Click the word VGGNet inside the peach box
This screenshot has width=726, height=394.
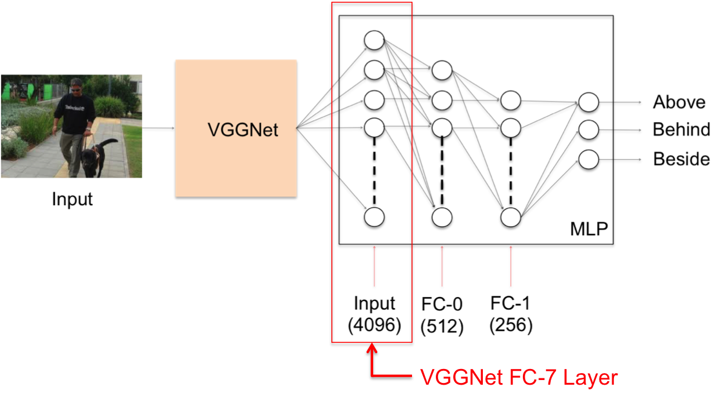[243, 130]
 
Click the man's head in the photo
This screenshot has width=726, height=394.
[76, 85]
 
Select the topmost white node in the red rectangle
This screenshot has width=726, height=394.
[374, 40]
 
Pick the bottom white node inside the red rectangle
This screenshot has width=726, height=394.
[374, 217]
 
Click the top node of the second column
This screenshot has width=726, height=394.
[442, 70]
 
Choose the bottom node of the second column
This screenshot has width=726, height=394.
[442, 217]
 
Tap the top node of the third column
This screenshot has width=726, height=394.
[511, 101]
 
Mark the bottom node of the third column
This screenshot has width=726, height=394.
[511, 217]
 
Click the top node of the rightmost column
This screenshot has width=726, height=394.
[588, 103]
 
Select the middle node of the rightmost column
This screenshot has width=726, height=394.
[588, 130]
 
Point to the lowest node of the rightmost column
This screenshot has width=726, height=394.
[588, 159]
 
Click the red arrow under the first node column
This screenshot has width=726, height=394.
[374, 266]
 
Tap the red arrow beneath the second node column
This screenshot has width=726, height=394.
[442, 266]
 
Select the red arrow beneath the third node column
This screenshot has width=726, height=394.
[511, 266]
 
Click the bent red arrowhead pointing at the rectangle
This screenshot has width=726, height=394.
[372, 350]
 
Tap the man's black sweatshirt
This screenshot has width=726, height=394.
[75, 110]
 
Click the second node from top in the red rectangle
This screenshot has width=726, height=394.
[374, 70]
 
